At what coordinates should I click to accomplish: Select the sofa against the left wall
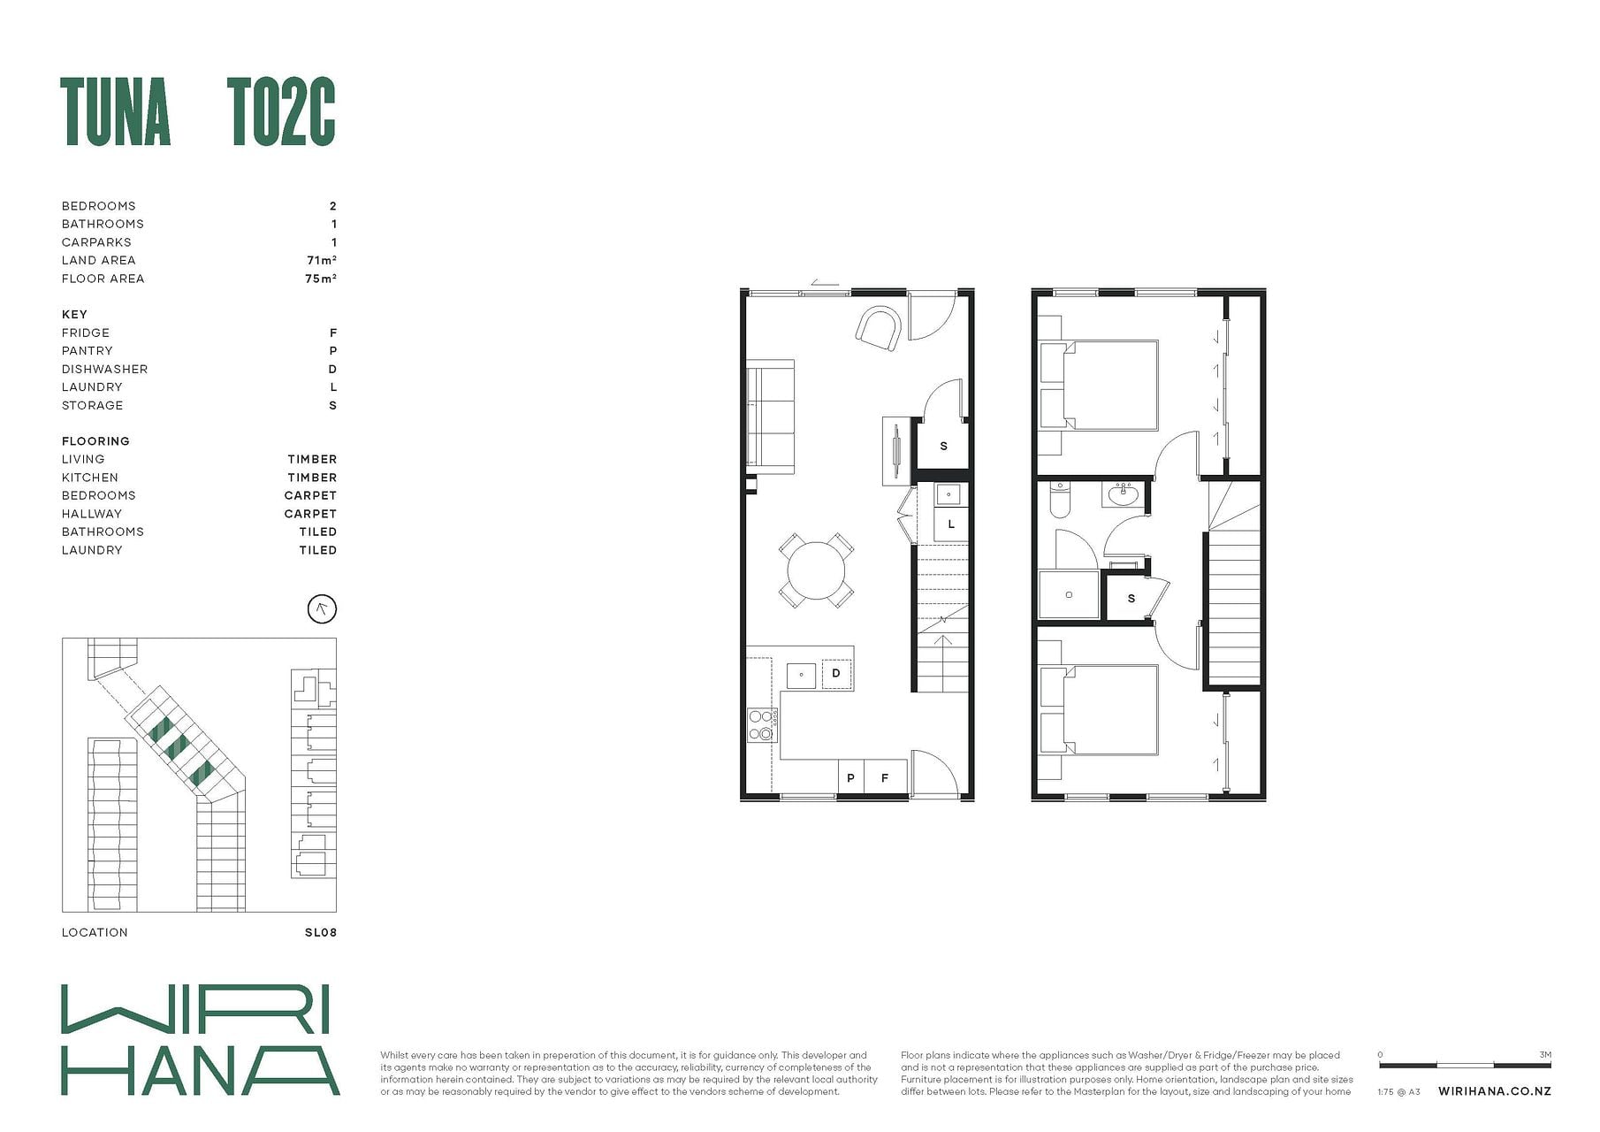tap(770, 412)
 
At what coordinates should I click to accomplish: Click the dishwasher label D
tap(836, 674)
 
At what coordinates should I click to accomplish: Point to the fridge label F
tap(884, 778)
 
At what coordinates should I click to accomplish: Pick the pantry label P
tap(850, 778)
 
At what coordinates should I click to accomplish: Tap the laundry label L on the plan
tap(951, 524)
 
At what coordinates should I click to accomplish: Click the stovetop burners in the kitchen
tap(760, 724)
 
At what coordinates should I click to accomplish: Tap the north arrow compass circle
tap(322, 608)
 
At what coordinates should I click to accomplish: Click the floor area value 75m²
tap(321, 278)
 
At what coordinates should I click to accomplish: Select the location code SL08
tap(321, 932)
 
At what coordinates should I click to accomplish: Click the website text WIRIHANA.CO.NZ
tap(1495, 1091)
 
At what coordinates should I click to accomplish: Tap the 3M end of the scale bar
tap(1550, 1065)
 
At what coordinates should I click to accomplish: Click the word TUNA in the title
tap(116, 112)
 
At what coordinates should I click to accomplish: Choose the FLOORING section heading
tap(95, 440)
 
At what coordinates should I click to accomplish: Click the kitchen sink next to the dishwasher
tap(802, 675)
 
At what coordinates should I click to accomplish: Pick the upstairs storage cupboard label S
tap(1131, 599)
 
